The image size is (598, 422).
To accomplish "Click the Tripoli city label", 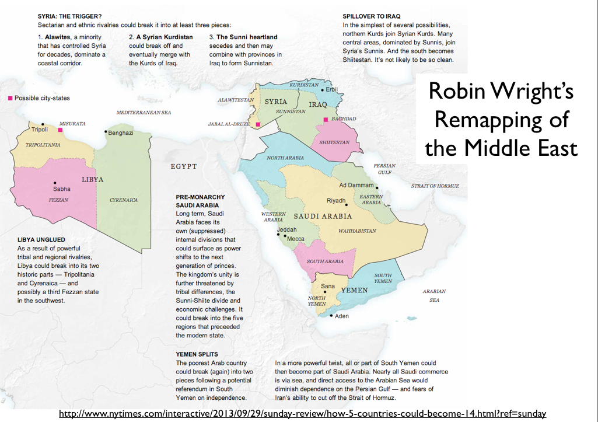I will click(x=40, y=130).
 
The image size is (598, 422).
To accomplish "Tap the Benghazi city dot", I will click(x=105, y=132).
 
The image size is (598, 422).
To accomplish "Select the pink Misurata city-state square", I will click(x=60, y=131).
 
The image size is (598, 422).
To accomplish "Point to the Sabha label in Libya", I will click(x=62, y=189).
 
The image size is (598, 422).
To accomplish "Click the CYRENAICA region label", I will click(x=124, y=200).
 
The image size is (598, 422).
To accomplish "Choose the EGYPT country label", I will click(x=184, y=166).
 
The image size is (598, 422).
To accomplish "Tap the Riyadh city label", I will click(x=336, y=201).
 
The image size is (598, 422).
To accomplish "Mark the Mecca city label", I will click(x=296, y=239).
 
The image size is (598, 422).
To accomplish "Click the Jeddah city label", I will click(x=286, y=229).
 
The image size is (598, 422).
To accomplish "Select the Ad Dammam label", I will click(x=356, y=185).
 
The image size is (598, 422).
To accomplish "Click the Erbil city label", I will click(x=332, y=89).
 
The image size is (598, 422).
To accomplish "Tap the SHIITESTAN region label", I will click(x=334, y=142).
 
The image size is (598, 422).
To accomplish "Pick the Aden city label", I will click(x=342, y=316).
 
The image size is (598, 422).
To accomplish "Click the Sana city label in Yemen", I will click(x=327, y=286).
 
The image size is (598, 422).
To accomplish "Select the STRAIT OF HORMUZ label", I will click(x=435, y=186).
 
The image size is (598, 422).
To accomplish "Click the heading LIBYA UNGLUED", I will click(x=41, y=240).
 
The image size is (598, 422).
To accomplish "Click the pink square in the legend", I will click(x=10, y=98).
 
